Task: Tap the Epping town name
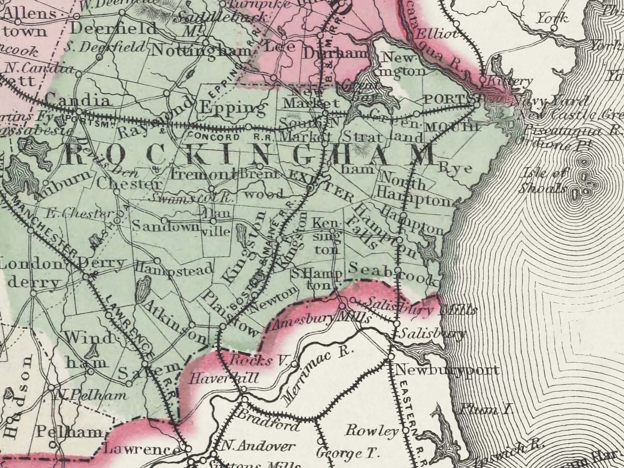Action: [x=233, y=109]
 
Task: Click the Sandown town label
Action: [x=166, y=226]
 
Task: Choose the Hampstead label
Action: [x=175, y=269]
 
